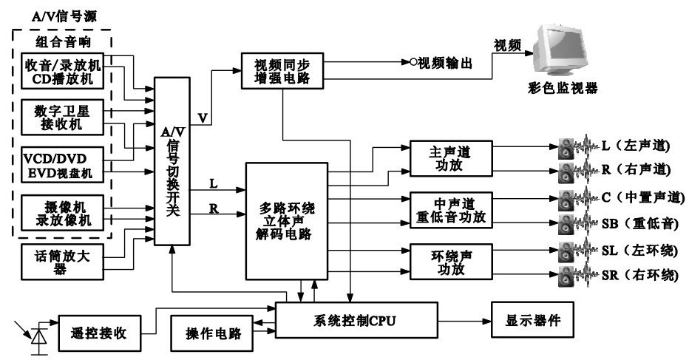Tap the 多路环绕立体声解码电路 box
coord(285,220)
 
